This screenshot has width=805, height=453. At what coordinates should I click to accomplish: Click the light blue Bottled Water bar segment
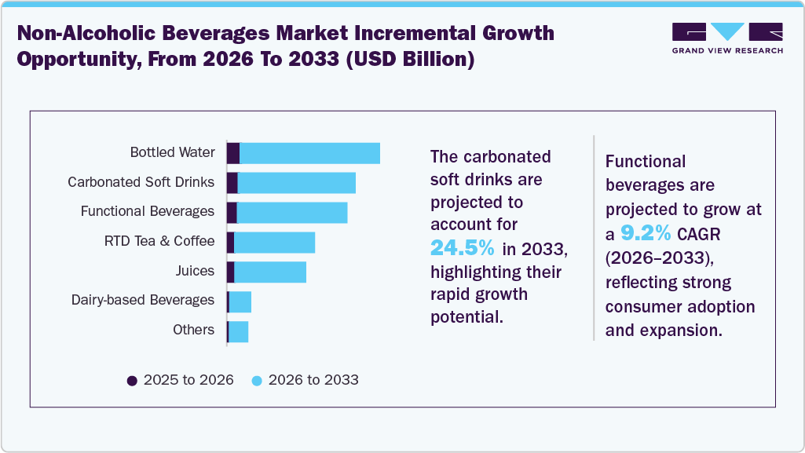tap(309, 153)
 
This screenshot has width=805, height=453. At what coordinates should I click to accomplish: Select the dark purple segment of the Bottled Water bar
tap(232, 153)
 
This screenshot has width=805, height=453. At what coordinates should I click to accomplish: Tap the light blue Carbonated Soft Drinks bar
tap(296, 183)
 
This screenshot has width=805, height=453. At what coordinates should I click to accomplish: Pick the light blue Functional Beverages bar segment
tap(291, 213)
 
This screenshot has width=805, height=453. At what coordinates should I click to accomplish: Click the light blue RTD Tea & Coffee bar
tap(274, 243)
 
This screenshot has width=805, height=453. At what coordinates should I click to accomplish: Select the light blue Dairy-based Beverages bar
tap(240, 301)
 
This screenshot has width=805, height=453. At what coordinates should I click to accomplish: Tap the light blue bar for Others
tap(238, 331)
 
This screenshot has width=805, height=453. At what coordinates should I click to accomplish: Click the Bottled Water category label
tap(172, 152)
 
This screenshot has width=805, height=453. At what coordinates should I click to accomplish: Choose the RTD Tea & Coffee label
tap(159, 241)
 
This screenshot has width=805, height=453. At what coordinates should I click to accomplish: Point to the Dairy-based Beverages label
tap(142, 300)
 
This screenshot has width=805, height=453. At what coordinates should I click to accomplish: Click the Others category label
tap(193, 330)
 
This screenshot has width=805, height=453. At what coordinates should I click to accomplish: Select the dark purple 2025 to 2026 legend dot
tap(132, 381)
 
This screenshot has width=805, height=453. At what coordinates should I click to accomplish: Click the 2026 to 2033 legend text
tap(313, 380)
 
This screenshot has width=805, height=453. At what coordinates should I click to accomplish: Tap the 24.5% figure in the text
tap(463, 249)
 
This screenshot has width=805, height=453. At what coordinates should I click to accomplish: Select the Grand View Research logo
tap(727, 38)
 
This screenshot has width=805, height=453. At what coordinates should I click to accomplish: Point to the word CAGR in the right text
tap(701, 233)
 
